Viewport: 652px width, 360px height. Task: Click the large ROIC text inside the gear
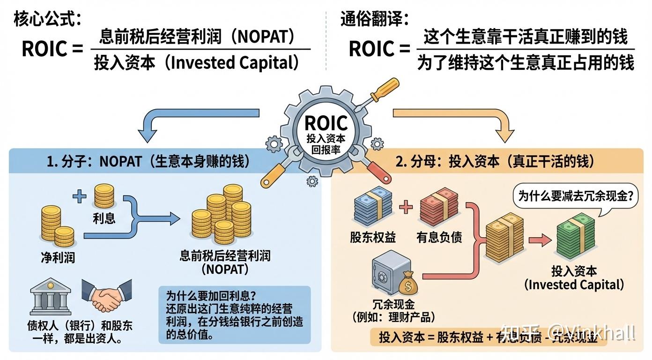[326, 123]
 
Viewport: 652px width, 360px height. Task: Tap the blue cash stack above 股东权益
[373, 207]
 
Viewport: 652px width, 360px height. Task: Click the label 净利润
[58, 257]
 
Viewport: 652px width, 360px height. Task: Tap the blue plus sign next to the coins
[79, 196]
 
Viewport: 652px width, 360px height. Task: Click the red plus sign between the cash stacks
[406, 207]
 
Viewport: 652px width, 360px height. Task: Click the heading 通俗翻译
[374, 19]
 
